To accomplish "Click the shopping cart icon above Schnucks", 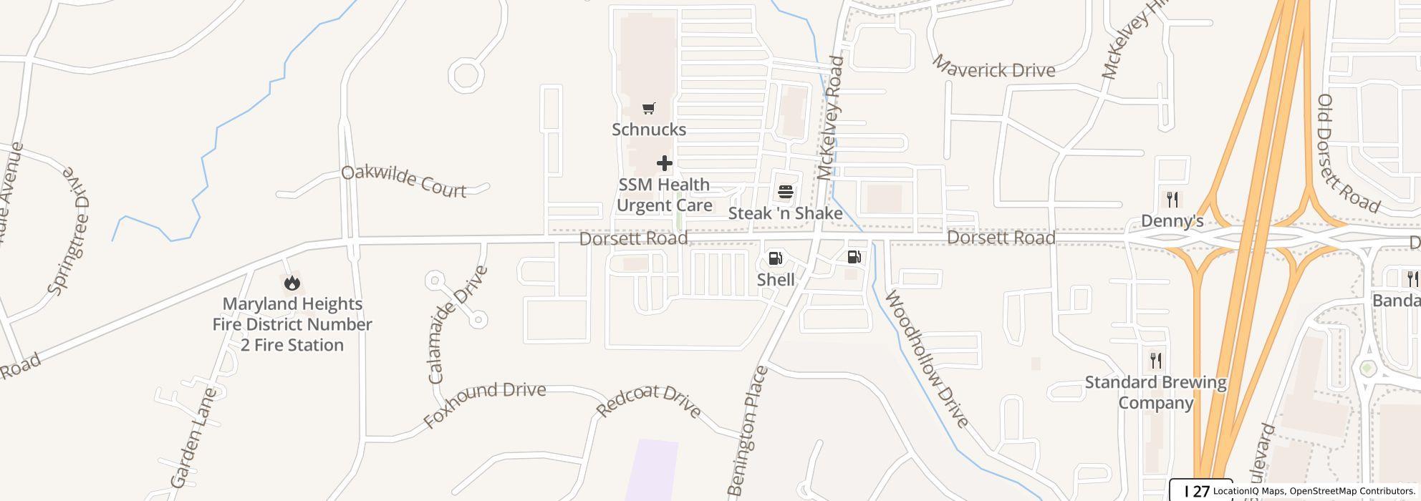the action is [648, 109].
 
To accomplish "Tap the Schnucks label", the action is [649, 130].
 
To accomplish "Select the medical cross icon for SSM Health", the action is [665, 163].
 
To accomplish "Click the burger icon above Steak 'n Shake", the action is [786, 192].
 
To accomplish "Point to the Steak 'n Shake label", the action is [785, 213].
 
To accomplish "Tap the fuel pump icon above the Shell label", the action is [776, 258].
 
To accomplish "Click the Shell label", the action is [776, 279].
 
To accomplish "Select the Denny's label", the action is [1172, 220].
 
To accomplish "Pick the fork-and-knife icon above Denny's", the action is [1172, 199].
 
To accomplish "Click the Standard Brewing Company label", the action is [1155, 392].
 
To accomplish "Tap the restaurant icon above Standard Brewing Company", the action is [1155, 360].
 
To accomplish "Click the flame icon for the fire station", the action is [292, 283].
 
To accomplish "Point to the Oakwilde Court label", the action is [404, 181].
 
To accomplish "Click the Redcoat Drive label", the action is [649, 401].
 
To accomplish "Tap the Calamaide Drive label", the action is [458, 324].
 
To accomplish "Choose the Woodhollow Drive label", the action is [928, 359].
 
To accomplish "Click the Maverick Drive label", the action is [994, 67].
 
